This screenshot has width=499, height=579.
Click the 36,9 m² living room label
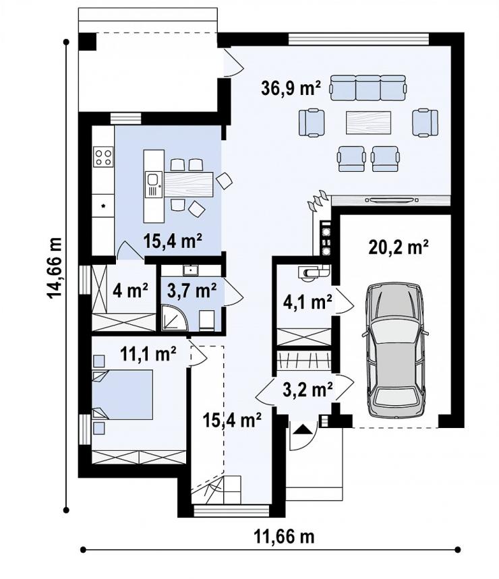(291, 88)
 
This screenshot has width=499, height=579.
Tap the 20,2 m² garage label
(399, 247)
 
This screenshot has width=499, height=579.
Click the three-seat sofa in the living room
(368, 88)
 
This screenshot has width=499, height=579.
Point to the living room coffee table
(368, 123)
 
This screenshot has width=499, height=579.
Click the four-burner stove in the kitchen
(103, 157)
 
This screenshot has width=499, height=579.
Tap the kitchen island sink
(153, 184)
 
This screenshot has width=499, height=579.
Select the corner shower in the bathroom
(175, 316)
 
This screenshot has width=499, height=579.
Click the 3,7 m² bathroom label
(192, 291)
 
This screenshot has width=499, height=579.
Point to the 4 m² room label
(130, 291)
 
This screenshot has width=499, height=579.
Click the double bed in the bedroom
(122, 394)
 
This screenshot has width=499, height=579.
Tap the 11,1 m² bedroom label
(148, 355)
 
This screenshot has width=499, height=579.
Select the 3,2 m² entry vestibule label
(307, 389)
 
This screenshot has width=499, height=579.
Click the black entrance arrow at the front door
(303, 429)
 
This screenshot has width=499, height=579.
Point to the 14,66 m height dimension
(55, 267)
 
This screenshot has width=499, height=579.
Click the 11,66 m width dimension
(284, 536)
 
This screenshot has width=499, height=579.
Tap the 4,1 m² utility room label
(307, 303)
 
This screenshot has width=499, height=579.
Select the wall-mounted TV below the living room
(392, 200)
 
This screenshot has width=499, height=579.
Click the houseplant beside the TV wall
(318, 200)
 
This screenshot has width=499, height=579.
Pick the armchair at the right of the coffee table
(425, 123)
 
